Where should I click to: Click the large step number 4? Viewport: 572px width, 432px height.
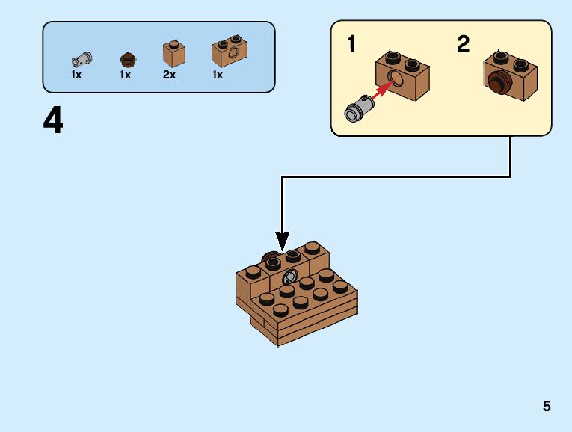click(53, 120)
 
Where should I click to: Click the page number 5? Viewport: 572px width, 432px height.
click(547, 407)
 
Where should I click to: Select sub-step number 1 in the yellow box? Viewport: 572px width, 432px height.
click(351, 44)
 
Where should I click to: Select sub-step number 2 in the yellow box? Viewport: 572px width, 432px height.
click(464, 44)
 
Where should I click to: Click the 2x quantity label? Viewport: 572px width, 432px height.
click(169, 75)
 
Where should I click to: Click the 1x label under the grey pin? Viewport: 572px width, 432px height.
click(76, 75)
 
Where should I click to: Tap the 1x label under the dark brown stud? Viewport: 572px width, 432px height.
click(125, 75)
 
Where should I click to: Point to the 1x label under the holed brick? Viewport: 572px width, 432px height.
click(218, 75)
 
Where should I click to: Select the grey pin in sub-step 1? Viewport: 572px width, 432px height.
click(357, 111)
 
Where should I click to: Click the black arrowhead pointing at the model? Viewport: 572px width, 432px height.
click(282, 241)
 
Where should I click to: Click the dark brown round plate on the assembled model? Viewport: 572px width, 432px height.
click(269, 262)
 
